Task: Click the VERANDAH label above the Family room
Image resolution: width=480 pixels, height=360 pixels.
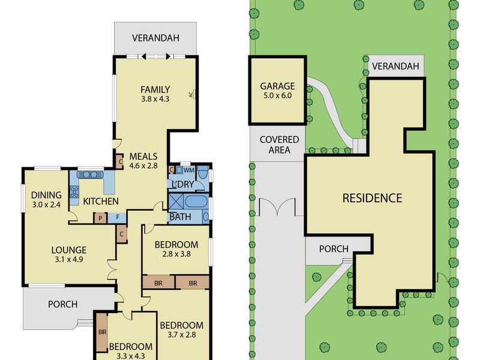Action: coord(155,38)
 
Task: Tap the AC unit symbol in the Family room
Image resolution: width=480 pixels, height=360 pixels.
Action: coord(193,94)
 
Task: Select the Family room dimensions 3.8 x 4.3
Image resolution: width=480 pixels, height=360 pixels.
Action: coord(155,99)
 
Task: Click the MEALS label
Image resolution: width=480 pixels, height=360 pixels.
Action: coord(143,157)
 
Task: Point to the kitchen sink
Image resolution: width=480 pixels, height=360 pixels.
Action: coord(91,175)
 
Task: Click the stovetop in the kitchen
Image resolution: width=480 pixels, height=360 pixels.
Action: coord(74,192)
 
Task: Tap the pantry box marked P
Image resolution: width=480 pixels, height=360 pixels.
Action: coord(100,218)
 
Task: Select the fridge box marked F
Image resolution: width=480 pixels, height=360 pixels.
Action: coord(117,218)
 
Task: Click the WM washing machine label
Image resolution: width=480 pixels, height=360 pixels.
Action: coord(189,169)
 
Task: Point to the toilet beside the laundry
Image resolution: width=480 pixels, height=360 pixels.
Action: coord(202,174)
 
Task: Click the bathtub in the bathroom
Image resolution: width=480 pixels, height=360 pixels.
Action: coord(196,202)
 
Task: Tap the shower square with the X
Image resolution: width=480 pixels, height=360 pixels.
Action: coord(176,202)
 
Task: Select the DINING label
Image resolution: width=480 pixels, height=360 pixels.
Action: coord(46,195)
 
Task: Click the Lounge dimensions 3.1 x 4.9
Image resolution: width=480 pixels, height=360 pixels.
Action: coord(69,260)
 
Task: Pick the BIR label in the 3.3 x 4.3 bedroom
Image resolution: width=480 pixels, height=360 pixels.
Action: coord(102,332)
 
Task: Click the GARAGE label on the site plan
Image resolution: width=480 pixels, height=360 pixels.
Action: coord(277,86)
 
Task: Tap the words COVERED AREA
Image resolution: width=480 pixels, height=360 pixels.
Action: coord(279,145)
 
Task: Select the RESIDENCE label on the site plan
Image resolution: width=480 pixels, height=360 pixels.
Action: coord(372,198)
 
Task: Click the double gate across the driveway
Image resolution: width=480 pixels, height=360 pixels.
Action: coord(277,207)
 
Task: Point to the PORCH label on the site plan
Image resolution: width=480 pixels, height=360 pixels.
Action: coord(334,249)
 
